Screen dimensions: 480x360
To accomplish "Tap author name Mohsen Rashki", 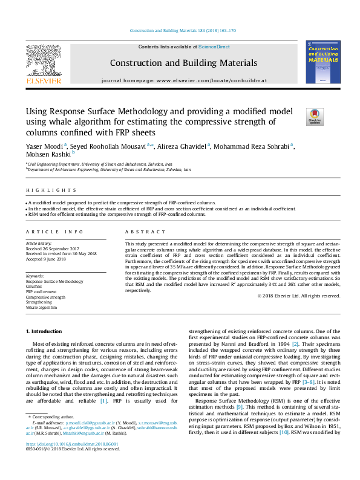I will click(44, 155).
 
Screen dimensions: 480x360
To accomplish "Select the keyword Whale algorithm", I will click(42, 307).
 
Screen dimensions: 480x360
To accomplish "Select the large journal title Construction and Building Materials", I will click(183, 63).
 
